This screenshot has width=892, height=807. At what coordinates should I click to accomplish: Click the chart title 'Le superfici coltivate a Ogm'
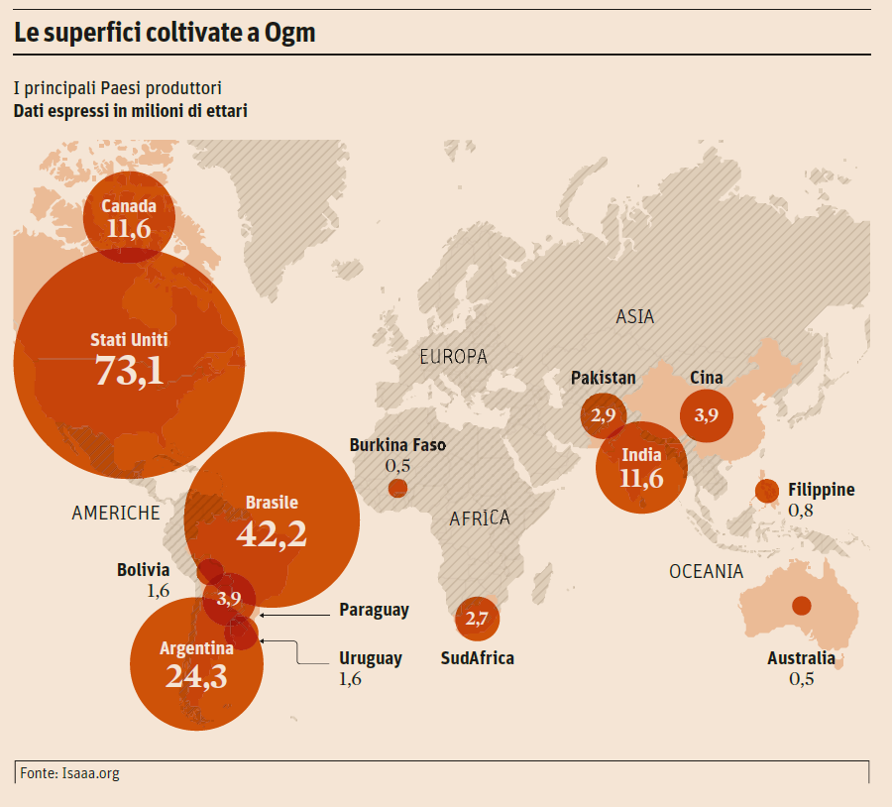[x=165, y=33]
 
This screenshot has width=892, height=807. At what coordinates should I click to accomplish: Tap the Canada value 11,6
[x=129, y=230]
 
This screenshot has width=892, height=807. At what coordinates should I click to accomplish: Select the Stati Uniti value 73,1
[x=129, y=371]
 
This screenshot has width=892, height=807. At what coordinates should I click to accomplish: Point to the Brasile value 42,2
[x=272, y=533]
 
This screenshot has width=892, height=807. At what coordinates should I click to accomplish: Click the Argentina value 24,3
[x=196, y=677]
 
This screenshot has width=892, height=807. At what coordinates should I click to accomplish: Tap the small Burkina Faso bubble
[x=397, y=488]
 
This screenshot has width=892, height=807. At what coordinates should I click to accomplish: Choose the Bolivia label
[x=143, y=570]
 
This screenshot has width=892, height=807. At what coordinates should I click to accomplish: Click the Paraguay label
[x=374, y=610]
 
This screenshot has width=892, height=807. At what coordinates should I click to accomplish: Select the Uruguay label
[x=371, y=658]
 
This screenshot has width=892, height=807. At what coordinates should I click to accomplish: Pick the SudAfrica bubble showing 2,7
[x=477, y=620]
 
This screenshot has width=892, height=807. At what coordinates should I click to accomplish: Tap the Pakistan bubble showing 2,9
[x=603, y=415]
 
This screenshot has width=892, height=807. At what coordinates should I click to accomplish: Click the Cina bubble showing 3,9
[x=707, y=415]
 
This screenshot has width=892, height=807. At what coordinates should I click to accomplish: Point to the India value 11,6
[x=641, y=479]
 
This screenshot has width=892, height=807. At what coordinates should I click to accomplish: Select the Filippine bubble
[x=766, y=490]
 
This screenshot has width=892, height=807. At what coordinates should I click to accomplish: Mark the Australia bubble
[x=801, y=606]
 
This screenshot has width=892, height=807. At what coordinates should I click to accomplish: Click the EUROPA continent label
[x=453, y=357]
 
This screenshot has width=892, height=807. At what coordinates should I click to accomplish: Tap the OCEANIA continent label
[x=706, y=571]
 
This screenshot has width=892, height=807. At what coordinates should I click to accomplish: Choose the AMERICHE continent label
[x=116, y=513]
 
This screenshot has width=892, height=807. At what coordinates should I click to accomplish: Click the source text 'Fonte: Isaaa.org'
[x=69, y=773]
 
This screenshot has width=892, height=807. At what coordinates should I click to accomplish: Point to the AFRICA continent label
[x=480, y=518]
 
